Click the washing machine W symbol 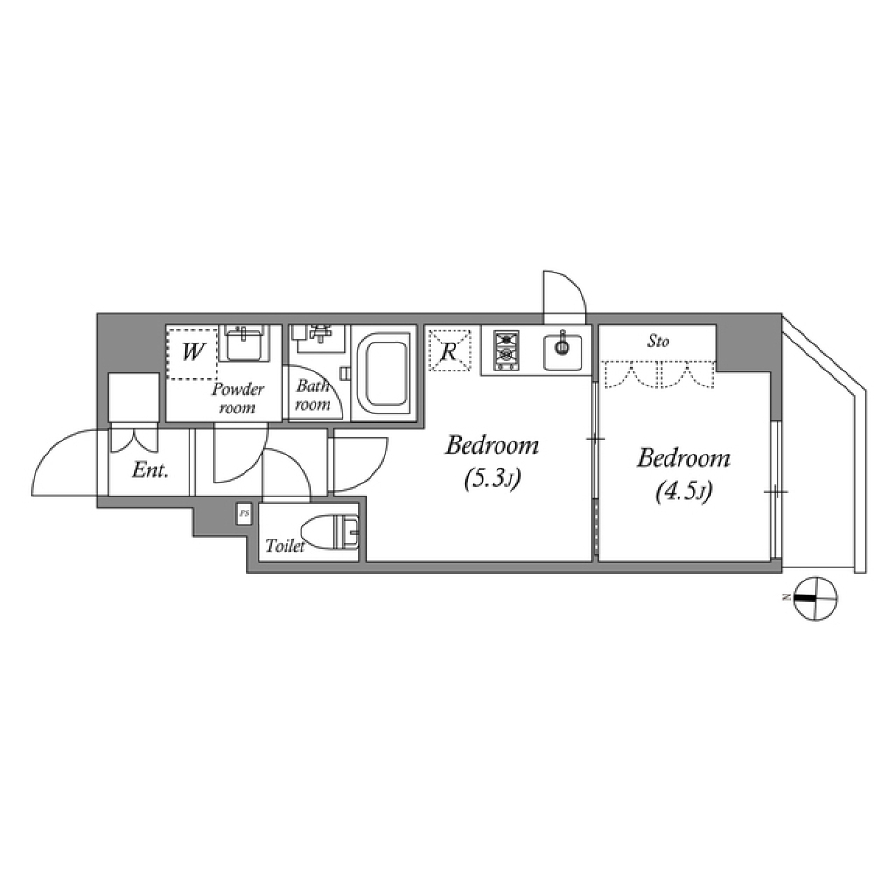[193, 353]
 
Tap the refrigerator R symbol [448, 353]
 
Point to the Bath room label [313, 395]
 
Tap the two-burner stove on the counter [506, 349]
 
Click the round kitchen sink [563, 348]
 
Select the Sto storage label [658, 342]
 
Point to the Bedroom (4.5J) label [683, 474]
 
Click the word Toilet [285, 547]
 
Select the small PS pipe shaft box [245, 513]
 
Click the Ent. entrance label [149, 470]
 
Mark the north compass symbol [816, 595]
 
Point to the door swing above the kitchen [564, 292]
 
